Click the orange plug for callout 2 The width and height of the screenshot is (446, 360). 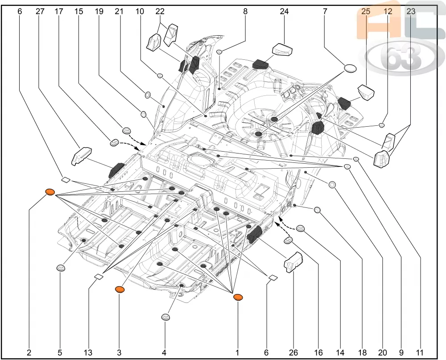point(50,192)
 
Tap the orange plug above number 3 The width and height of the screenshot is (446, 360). point(120,290)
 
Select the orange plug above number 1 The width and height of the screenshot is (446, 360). point(238,297)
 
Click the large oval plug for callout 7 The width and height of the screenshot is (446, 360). point(351,68)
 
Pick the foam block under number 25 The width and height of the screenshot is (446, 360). point(366,93)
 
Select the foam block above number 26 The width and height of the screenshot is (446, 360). point(293,262)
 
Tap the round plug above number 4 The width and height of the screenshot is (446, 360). point(166,317)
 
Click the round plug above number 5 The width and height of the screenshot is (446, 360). point(61,268)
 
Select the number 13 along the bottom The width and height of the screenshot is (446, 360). point(88,353)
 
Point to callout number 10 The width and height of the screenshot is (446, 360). point(140,12)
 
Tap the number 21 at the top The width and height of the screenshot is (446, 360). point(119,12)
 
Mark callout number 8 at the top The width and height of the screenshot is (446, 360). point(245,12)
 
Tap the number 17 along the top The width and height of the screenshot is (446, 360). point(59,12)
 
